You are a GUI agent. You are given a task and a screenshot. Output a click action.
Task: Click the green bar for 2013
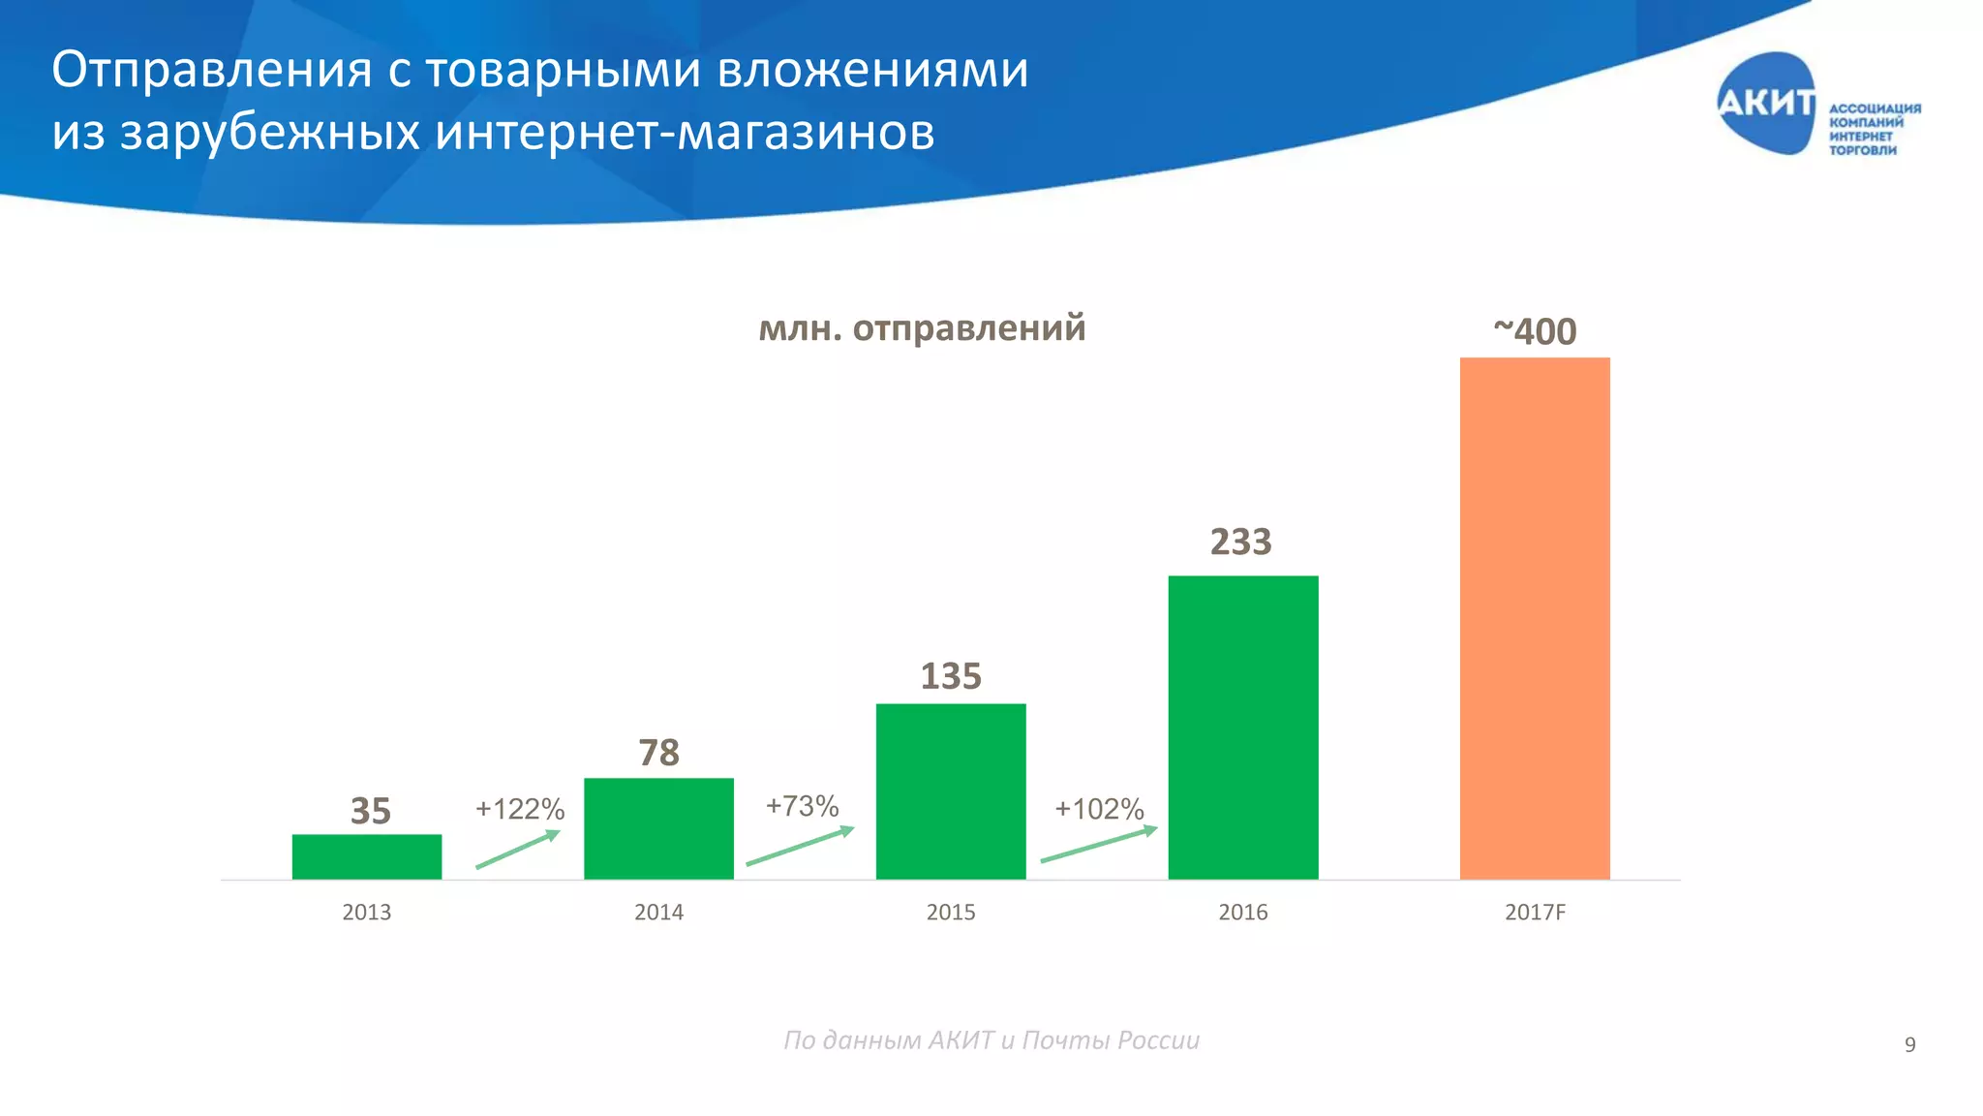click(x=367, y=856)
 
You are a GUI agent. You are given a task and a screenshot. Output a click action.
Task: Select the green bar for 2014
click(x=658, y=828)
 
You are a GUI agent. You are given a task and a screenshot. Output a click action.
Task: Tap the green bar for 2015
click(x=951, y=791)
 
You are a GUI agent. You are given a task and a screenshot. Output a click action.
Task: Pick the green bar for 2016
click(x=1243, y=727)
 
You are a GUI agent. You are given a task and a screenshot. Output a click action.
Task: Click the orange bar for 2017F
click(x=1535, y=618)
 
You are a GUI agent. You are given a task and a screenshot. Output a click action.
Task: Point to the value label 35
click(x=371, y=811)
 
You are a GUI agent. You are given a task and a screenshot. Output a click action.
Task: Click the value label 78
click(x=658, y=753)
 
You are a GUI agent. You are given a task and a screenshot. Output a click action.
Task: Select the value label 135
click(x=951, y=676)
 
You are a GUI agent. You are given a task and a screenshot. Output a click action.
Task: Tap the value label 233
click(x=1241, y=542)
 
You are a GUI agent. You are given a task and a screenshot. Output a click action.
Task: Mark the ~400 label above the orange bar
click(x=1535, y=331)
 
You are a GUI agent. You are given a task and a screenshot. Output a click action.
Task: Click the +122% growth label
click(x=520, y=809)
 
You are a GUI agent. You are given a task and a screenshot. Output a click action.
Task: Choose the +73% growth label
click(x=802, y=806)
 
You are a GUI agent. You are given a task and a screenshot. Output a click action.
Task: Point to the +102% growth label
click(x=1099, y=809)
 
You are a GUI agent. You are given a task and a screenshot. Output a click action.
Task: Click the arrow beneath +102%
click(x=1099, y=845)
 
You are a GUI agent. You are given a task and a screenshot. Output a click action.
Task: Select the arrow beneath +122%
click(x=518, y=850)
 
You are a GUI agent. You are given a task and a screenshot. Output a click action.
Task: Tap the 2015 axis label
click(x=951, y=913)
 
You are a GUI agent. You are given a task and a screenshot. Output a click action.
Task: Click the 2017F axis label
click(x=1535, y=913)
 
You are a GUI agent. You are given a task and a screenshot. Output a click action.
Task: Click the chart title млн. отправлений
click(x=922, y=328)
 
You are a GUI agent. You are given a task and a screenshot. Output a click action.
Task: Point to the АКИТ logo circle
click(x=1766, y=104)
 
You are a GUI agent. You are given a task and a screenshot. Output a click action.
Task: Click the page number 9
click(x=1909, y=1044)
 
